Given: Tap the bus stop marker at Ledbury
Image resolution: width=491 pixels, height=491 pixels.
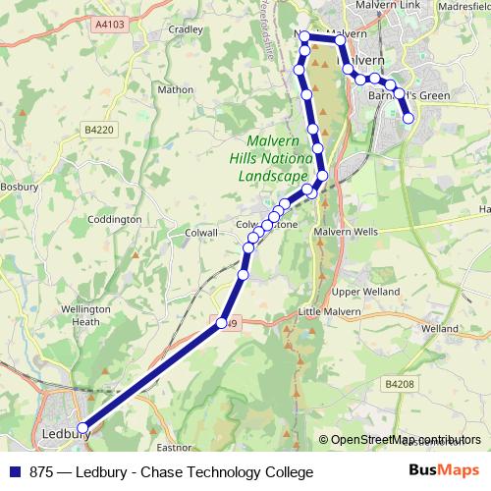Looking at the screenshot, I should pos(83,428).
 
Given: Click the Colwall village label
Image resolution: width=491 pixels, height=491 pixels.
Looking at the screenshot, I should pos(200,232).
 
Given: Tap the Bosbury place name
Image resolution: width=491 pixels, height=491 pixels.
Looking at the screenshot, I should pos(18,185).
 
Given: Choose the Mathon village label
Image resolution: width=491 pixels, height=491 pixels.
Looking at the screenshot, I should pos(175,89).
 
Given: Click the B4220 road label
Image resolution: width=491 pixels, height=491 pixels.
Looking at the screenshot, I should pos(98,129).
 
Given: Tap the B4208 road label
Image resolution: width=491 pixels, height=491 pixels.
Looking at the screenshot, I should pos(399,384).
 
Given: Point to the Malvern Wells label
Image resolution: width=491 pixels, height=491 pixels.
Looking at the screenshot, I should pos(345,232).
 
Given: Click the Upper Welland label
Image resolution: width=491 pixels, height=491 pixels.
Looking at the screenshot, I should pos(366,292).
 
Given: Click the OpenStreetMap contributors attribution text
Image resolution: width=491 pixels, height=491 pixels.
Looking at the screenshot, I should pos(406,440).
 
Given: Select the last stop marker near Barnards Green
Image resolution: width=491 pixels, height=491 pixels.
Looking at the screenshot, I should pos(409,120).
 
